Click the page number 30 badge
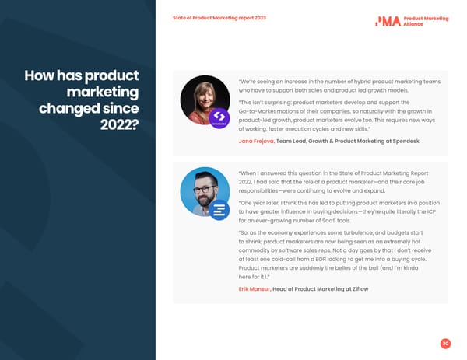[x=445, y=344]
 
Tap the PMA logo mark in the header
[x=388, y=21]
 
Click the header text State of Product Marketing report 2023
[x=219, y=18]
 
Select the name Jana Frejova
[x=256, y=142]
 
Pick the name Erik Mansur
[x=254, y=289]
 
